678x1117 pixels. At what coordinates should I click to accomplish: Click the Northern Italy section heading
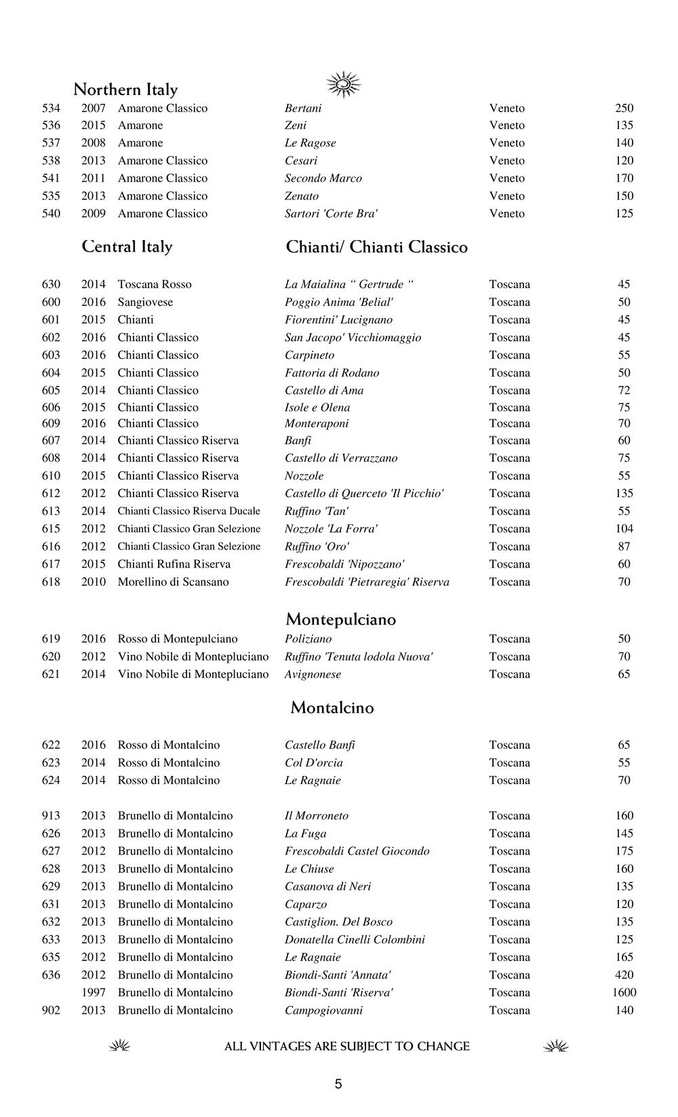(125, 90)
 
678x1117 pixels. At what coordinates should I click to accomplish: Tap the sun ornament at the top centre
(344, 84)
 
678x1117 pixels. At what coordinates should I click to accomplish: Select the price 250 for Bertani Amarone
(624, 109)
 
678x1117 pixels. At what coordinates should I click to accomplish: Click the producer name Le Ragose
(310, 143)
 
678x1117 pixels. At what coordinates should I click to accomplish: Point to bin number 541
(51, 178)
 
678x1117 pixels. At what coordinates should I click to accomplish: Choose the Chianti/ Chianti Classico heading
(376, 247)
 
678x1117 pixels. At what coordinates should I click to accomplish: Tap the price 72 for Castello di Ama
(624, 391)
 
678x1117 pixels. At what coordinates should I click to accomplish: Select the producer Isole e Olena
(317, 408)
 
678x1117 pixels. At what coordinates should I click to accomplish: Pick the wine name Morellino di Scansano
(173, 582)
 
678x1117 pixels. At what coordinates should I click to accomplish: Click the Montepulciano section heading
(340, 619)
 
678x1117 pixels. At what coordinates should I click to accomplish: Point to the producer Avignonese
(313, 674)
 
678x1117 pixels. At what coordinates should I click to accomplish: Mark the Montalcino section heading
(332, 708)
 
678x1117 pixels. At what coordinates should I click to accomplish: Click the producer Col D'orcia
(313, 763)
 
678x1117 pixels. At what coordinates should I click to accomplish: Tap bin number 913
(51, 816)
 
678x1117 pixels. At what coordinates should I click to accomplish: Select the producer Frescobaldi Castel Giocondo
(357, 851)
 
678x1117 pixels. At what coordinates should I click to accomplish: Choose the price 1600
(624, 993)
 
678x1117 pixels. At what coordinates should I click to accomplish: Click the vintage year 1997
(94, 993)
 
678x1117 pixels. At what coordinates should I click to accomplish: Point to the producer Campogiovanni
(323, 1011)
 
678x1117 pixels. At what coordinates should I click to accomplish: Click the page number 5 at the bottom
(338, 1084)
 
